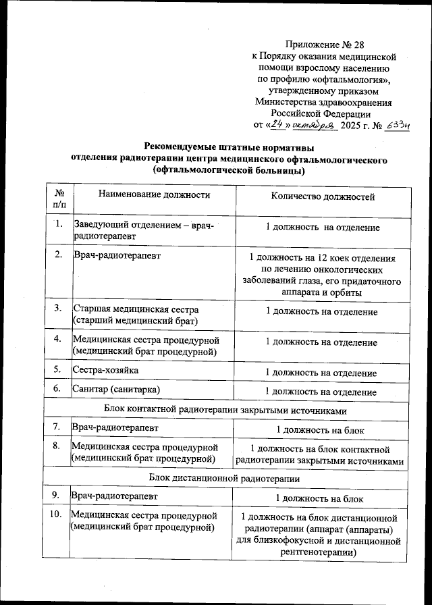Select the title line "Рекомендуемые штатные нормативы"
click(230, 147)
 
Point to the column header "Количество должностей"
click(323, 196)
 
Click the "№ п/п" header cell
click(59, 197)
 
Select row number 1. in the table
click(59, 224)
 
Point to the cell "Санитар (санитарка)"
click(117, 390)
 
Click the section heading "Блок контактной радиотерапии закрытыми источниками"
click(226, 410)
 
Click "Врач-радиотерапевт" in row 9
click(114, 496)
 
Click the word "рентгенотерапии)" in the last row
click(320, 552)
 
